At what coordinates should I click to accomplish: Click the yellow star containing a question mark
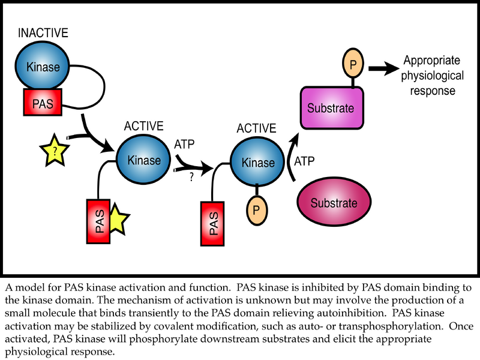coord(55,151)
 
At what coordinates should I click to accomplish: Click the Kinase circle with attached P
coord(257,162)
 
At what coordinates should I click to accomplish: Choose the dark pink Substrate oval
coord(334,202)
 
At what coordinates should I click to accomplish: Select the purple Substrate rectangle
coord(331,109)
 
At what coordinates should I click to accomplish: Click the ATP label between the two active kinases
coord(185,145)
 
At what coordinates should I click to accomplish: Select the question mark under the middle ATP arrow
coord(191,178)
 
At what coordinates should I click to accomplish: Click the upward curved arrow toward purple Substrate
coord(293,156)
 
